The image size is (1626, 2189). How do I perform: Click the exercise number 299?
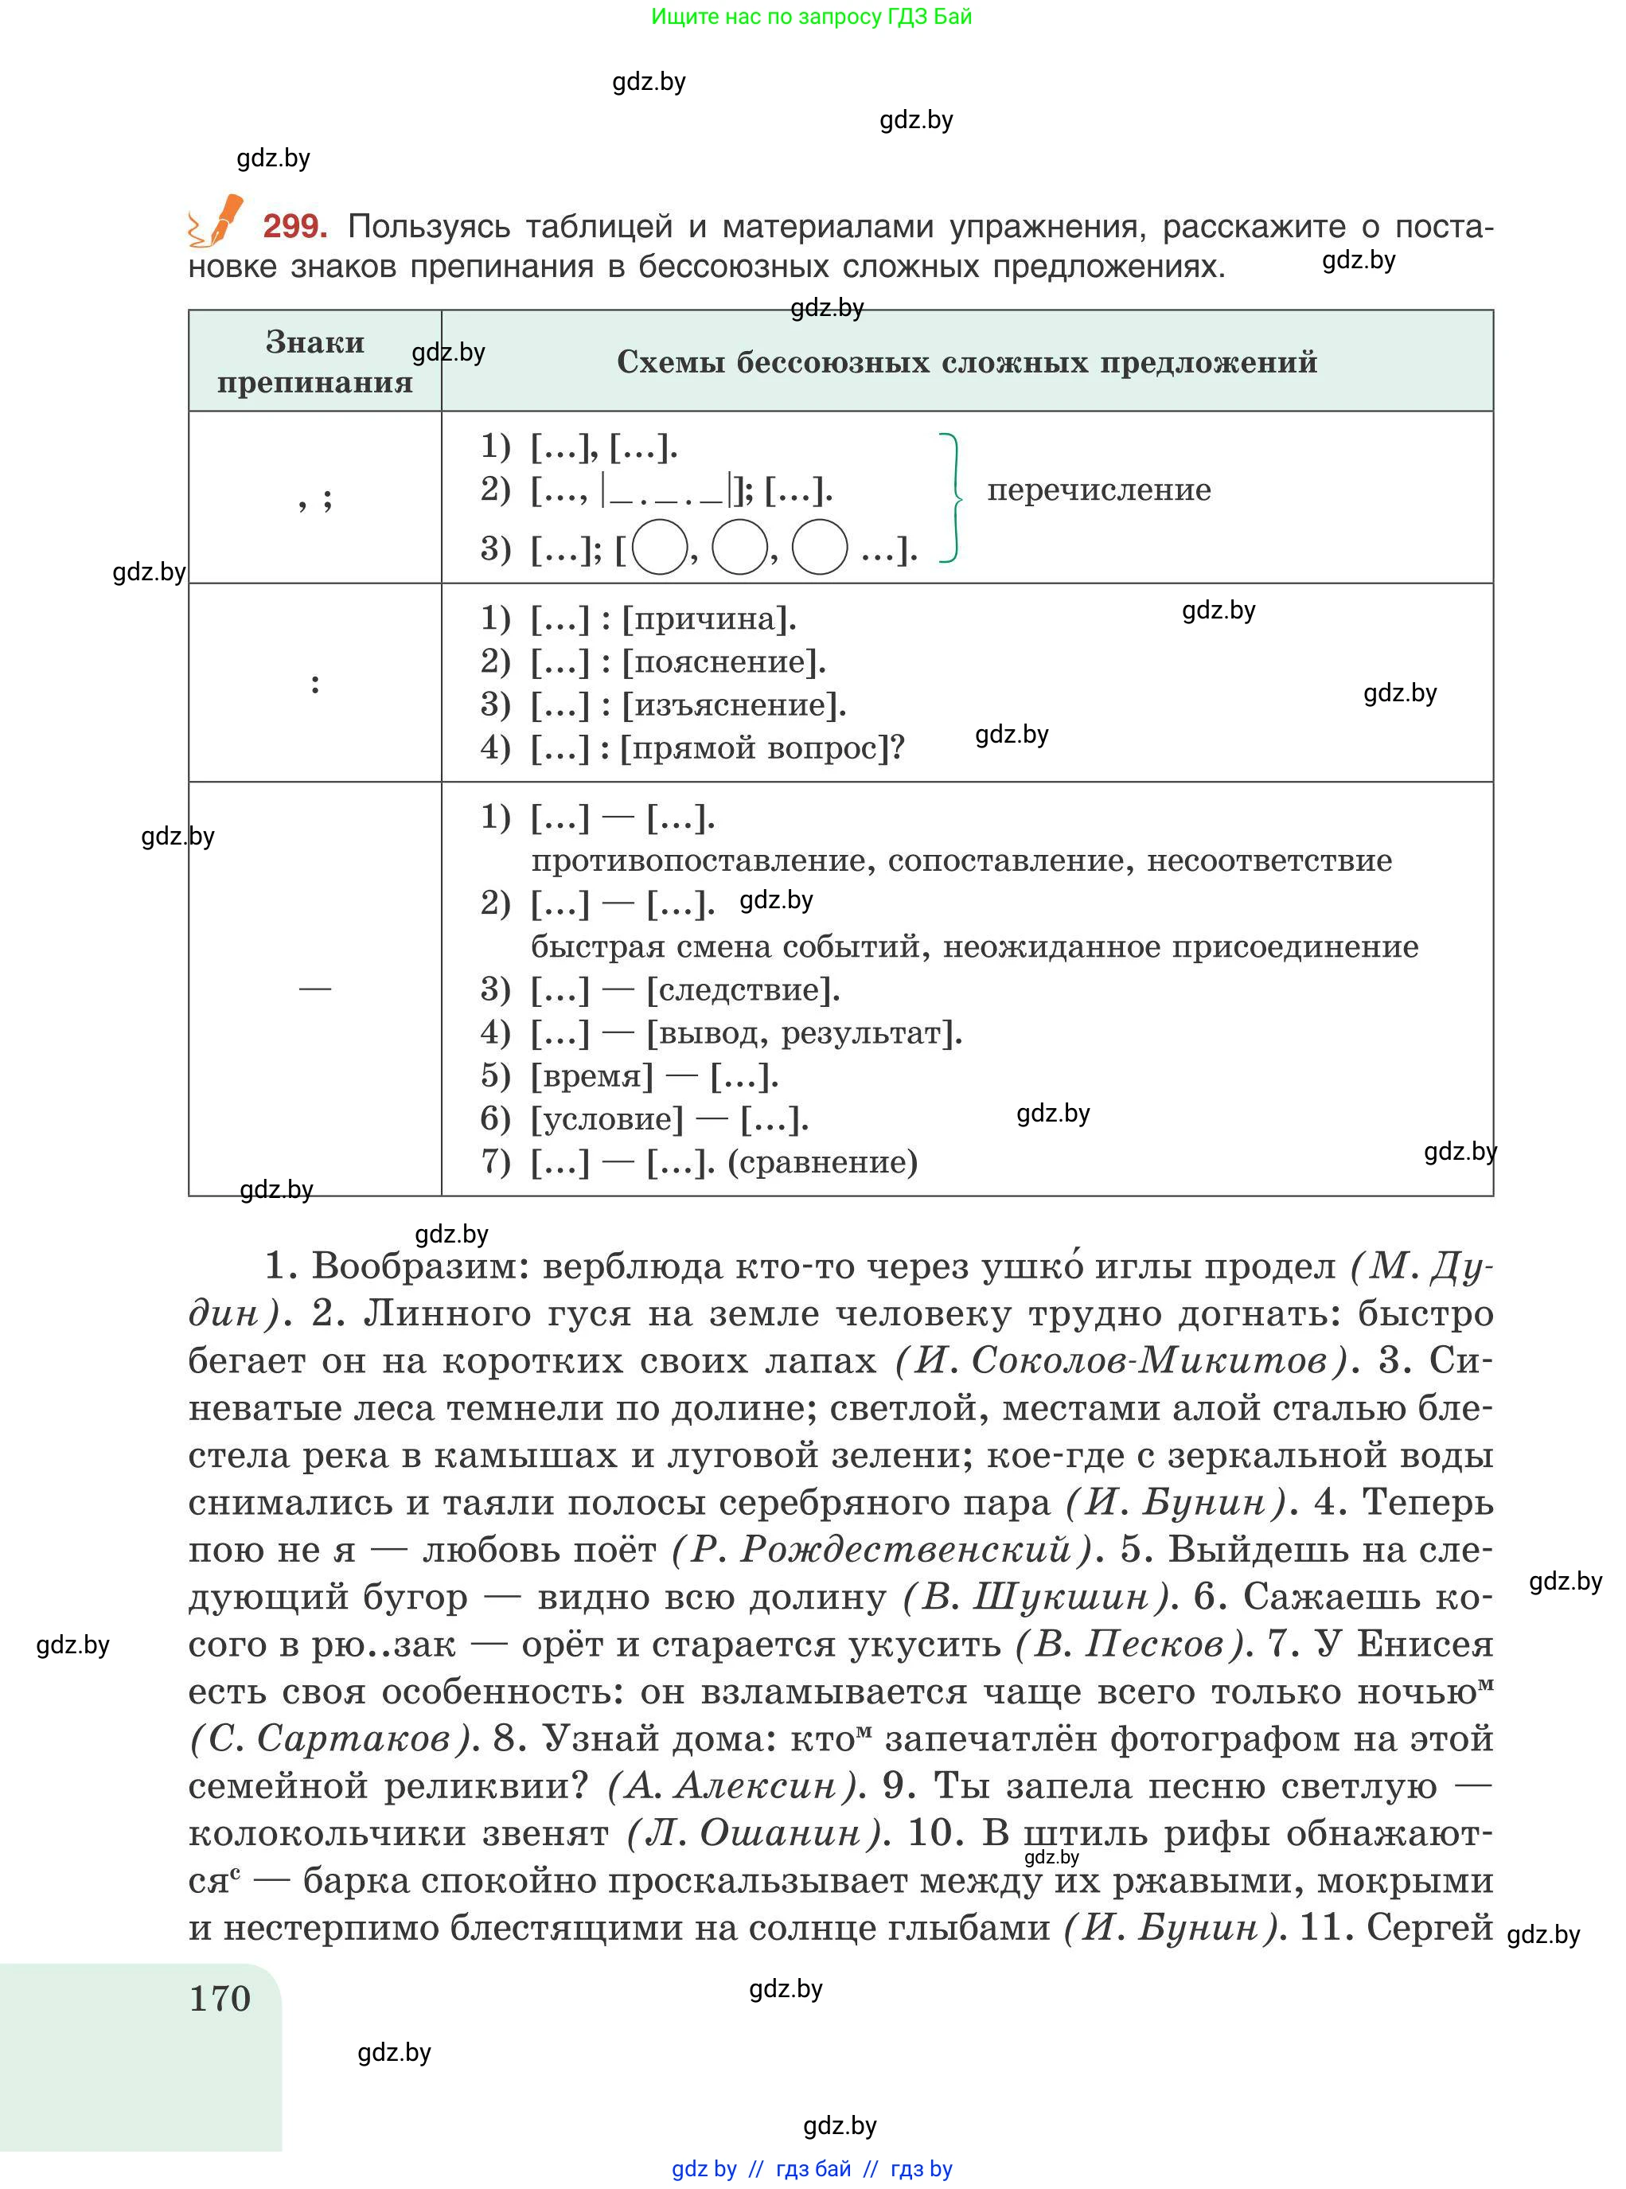pyautogui.click(x=294, y=228)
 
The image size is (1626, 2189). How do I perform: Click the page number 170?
pyautogui.click(x=220, y=1998)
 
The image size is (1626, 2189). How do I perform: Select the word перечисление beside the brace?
pyautogui.click(x=1098, y=490)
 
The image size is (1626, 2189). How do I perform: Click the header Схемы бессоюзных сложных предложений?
pyautogui.click(x=966, y=362)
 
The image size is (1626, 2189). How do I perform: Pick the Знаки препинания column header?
pyautogui.click(x=315, y=362)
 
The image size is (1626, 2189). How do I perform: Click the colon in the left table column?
pyautogui.click(x=315, y=683)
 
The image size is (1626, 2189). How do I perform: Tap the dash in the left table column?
pyautogui.click(x=315, y=988)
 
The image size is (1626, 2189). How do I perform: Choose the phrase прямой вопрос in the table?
pyautogui.click(x=754, y=749)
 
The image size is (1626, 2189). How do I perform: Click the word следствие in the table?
pyautogui.click(x=743, y=990)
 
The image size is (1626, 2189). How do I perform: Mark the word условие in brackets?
pyautogui.click(x=607, y=1119)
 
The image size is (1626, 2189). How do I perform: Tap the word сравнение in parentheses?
pyautogui.click(x=822, y=1162)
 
